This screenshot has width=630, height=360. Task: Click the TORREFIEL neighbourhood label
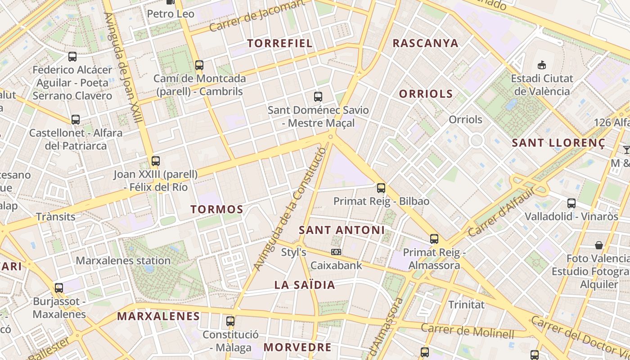click(x=279, y=43)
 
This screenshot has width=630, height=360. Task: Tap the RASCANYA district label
click(x=425, y=43)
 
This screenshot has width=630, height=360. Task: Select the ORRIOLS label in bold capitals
click(x=426, y=94)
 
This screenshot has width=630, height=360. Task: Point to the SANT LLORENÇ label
click(x=558, y=143)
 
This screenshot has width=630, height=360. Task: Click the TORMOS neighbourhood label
click(x=216, y=209)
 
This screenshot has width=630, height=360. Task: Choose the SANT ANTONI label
click(x=342, y=230)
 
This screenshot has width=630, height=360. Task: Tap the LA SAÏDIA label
click(x=305, y=285)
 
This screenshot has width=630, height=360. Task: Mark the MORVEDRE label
click(x=297, y=347)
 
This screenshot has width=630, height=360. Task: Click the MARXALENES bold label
click(x=158, y=316)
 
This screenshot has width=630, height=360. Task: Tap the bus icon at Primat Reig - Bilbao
click(x=381, y=188)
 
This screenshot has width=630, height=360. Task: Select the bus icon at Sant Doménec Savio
click(x=318, y=96)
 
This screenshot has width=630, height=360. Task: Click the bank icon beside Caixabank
click(x=336, y=252)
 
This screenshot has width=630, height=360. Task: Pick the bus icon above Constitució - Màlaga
click(x=230, y=321)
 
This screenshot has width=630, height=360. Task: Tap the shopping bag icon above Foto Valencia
click(x=599, y=245)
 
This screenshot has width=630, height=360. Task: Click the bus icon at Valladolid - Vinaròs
click(x=571, y=203)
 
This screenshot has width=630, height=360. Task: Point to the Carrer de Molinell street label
click(x=467, y=331)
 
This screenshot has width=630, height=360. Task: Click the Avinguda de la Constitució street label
click(x=289, y=209)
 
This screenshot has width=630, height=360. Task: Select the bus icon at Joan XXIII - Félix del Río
click(x=156, y=161)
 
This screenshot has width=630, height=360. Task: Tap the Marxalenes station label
click(x=123, y=261)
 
